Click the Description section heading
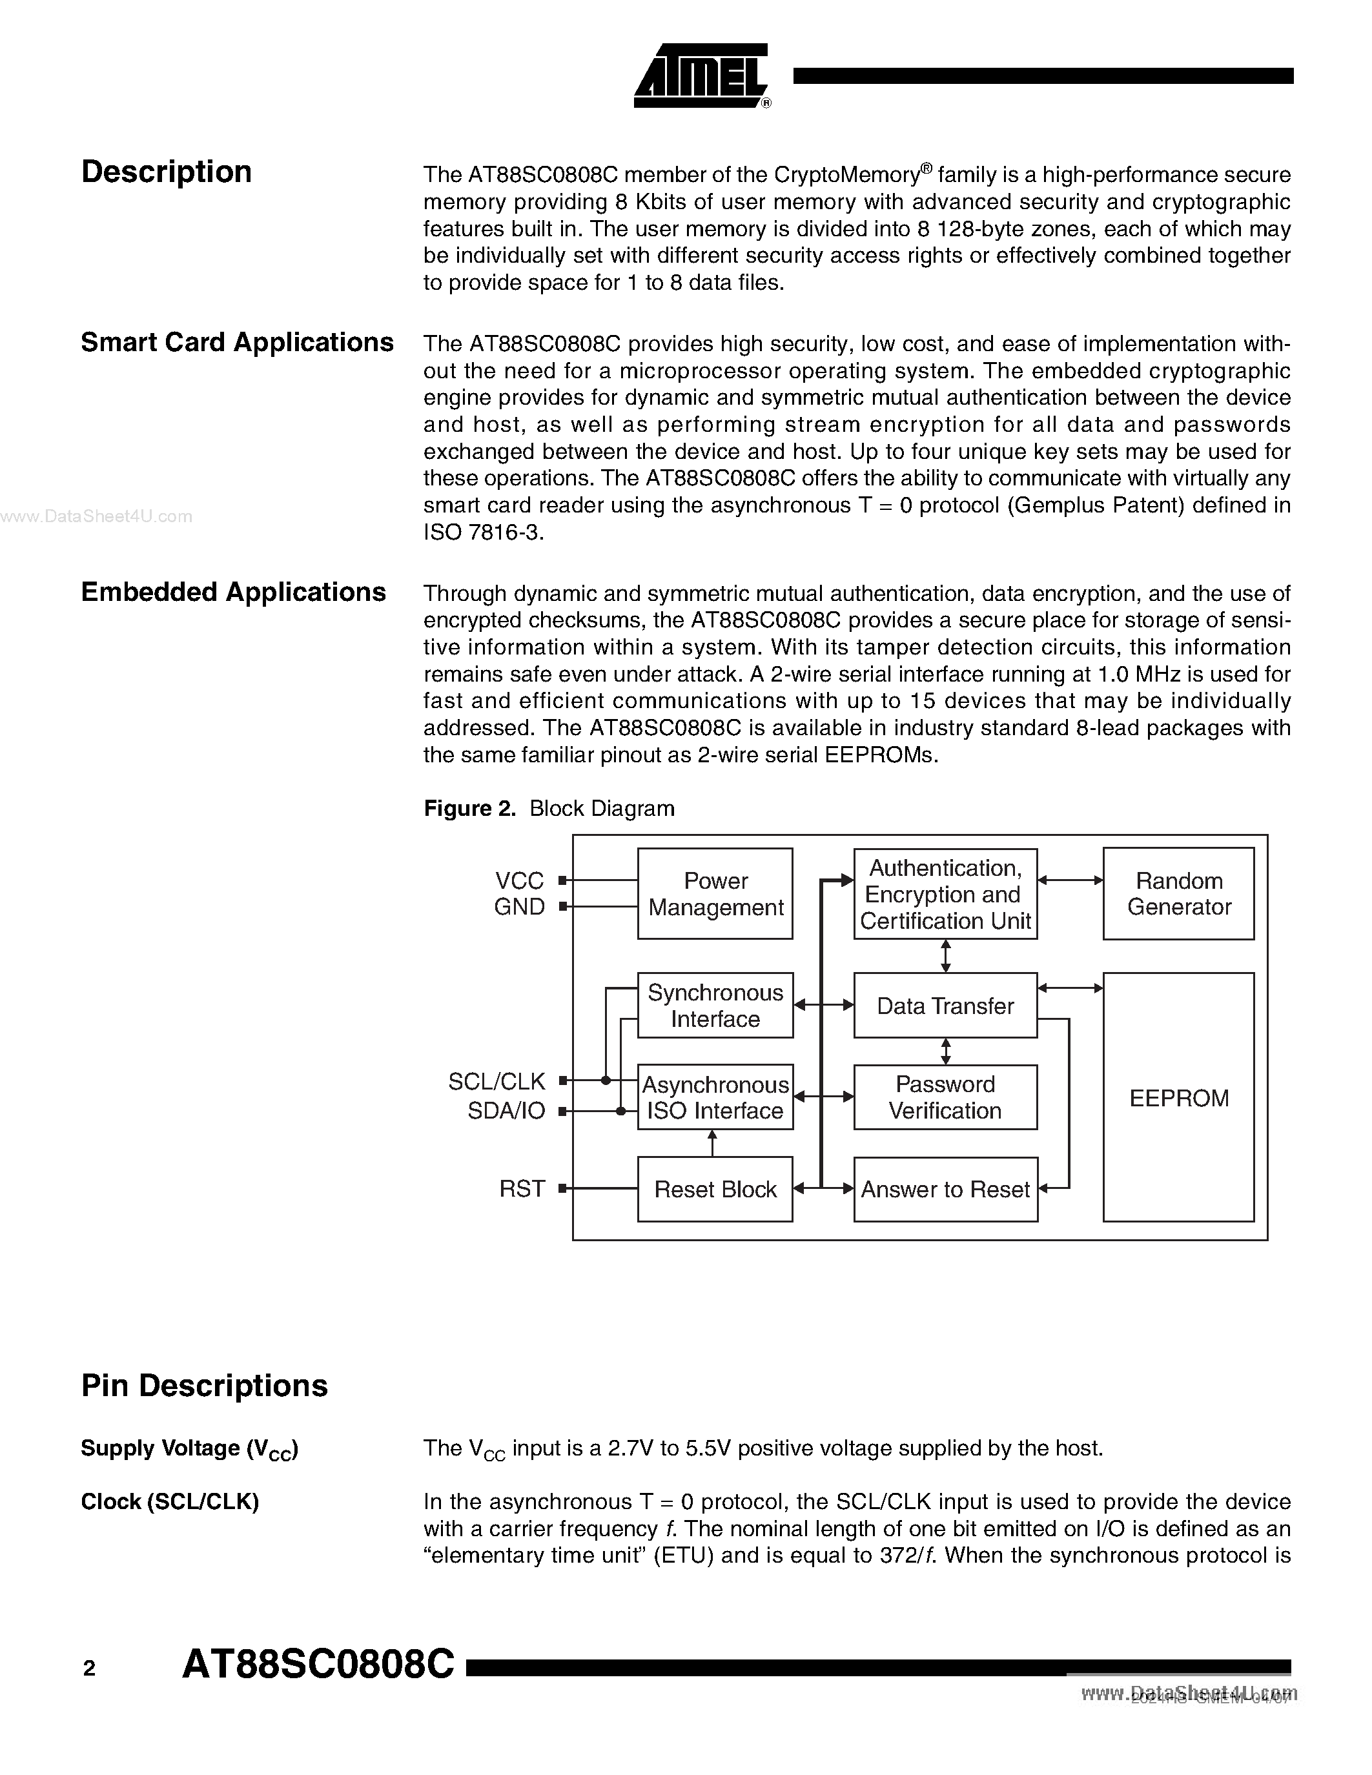point(167,172)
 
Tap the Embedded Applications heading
point(233,592)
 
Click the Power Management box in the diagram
point(715,894)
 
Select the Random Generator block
point(1178,894)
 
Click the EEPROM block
point(1178,1097)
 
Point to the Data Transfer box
point(945,1006)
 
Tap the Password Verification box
point(945,1097)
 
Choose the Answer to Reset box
point(945,1190)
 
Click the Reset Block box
point(715,1190)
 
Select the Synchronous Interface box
point(715,1006)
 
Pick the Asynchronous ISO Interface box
point(715,1097)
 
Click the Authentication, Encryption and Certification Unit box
point(945,894)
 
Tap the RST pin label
point(522,1189)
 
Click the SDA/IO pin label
point(506,1111)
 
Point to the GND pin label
point(519,907)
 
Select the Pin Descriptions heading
point(204,1386)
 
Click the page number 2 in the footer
point(89,1669)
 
